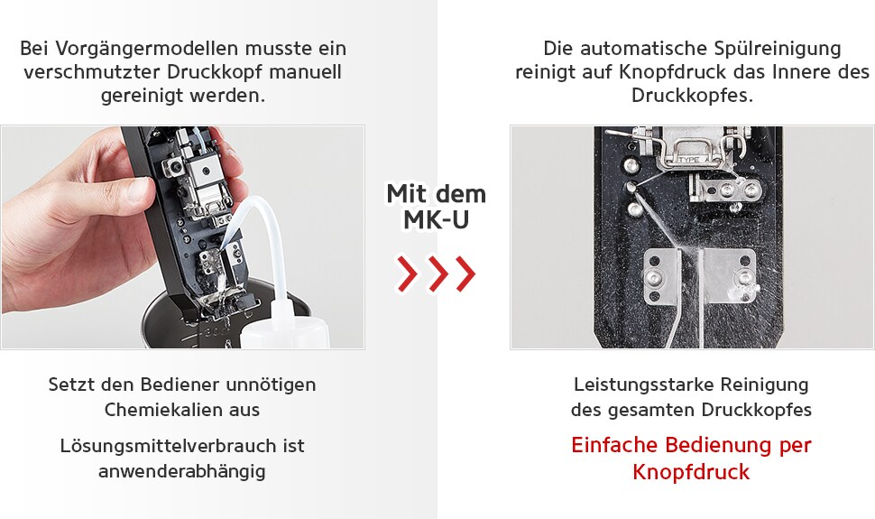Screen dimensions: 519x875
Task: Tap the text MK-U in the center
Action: [x=436, y=219]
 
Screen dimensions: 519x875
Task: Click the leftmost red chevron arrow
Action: [x=407, y=273]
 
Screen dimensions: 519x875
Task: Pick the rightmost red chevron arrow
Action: [x=465, y=273]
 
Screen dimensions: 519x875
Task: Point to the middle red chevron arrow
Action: [x=436, y=273]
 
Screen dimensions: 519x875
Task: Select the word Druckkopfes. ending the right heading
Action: [x=692, y=95]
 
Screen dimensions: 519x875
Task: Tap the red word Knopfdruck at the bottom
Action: [x=691, y=472]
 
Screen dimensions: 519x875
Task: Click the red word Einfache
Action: [x=615, y=446]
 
